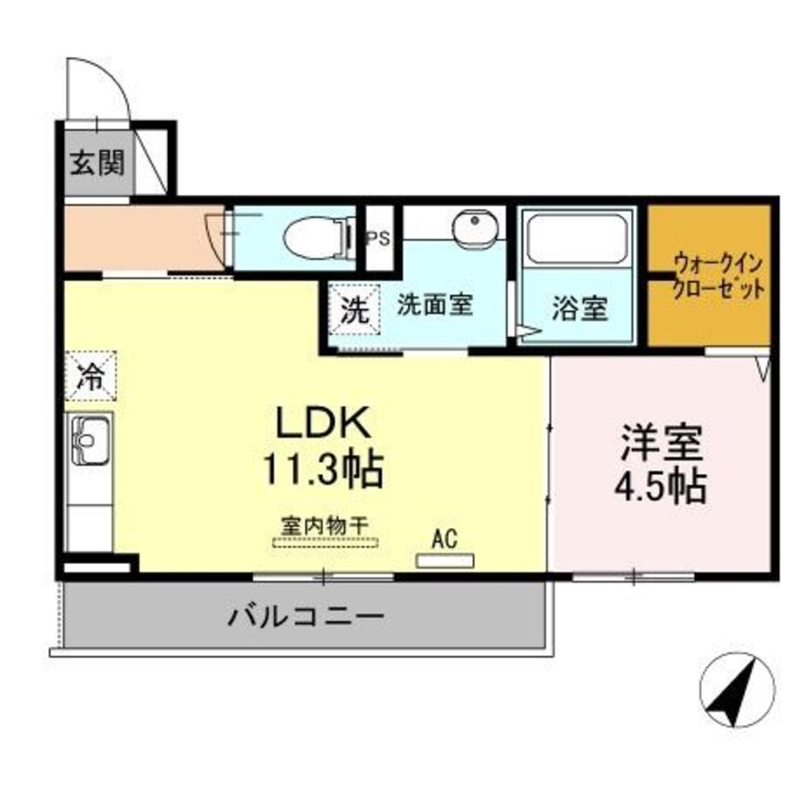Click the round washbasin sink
point(476,225)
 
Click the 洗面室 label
point(435,305)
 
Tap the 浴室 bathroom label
point(580,309)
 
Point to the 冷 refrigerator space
point(90,376)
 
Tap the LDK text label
point(321,425)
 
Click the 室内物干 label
point(325,524)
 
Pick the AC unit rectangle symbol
point(444,560)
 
